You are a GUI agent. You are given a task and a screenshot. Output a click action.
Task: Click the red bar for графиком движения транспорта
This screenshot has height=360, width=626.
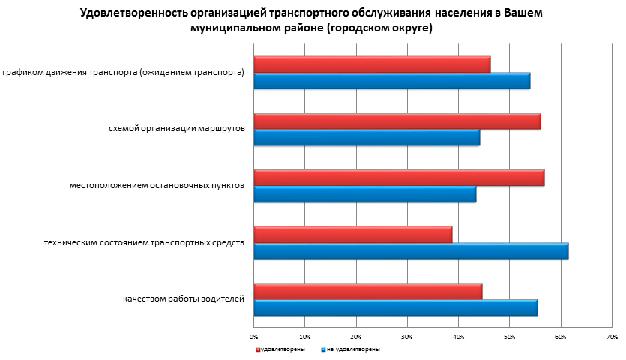[x=372, y=64]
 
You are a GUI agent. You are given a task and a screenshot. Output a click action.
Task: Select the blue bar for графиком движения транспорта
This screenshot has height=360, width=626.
[x=392, y=81]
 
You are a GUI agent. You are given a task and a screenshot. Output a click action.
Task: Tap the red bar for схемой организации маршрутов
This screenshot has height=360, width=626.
[x=397, y=121]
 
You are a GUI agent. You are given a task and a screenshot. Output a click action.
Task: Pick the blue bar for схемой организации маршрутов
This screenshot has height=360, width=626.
[x=367, y=138]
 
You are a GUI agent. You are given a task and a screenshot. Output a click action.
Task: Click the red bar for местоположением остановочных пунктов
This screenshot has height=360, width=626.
[x=399, y=178]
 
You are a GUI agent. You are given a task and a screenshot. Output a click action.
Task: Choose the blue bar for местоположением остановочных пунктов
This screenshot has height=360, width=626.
[x=365, y=194]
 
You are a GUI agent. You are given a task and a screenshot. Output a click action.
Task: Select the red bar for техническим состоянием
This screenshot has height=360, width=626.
[x=353, y=235]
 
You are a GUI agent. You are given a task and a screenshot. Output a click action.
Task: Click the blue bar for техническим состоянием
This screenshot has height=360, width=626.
[x=411, y=251]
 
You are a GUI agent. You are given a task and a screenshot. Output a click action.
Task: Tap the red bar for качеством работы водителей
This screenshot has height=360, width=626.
[x=368, y=291]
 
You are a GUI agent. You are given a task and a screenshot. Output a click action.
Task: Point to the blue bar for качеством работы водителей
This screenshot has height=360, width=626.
[x=396, y=307]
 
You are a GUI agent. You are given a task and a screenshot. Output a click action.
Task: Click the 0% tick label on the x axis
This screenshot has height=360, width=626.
[x=254, y=335]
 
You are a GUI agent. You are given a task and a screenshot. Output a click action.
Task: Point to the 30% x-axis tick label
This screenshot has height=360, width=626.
[x=407, y=335]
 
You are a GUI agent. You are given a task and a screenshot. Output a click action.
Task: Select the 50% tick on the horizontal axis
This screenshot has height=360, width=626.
[x=509, y=335]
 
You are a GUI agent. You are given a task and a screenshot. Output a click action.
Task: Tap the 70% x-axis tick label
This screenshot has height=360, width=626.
[x=611, y=335]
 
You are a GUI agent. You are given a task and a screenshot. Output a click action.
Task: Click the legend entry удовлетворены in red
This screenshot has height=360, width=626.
[x=281, y=349]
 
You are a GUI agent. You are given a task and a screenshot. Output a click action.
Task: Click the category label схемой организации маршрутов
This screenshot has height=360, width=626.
[x=176, y=129]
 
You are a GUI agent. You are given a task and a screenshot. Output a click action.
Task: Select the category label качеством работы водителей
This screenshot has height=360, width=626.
[x=184, y=299]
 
